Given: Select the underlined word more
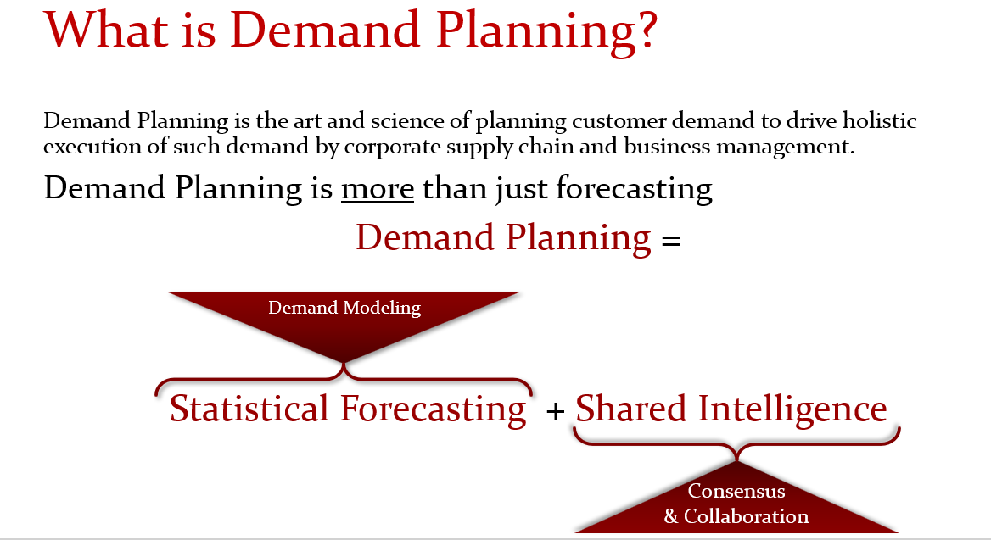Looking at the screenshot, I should point(377,188).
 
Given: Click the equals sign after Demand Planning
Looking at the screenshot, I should point(670,241).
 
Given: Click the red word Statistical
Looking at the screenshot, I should point(249,409).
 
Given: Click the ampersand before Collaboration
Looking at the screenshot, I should point(671,516).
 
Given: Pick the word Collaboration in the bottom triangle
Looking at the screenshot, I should point(747,516).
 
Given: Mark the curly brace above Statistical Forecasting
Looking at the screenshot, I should point(344,379).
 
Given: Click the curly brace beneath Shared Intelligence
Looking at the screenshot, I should point(736,443).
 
